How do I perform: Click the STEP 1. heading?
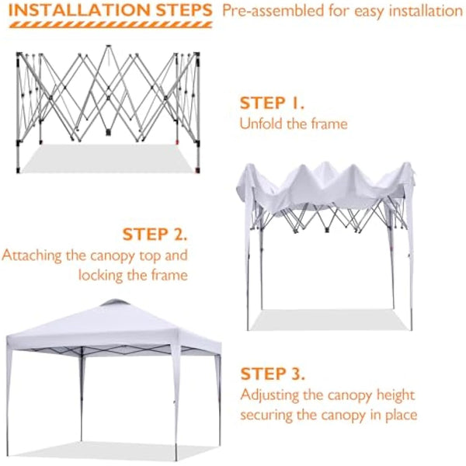(272, 103)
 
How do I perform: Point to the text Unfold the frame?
(293, 123)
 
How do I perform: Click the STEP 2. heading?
(154, 234)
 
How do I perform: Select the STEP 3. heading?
(273, 374)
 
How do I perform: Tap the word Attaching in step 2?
(31, 255)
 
